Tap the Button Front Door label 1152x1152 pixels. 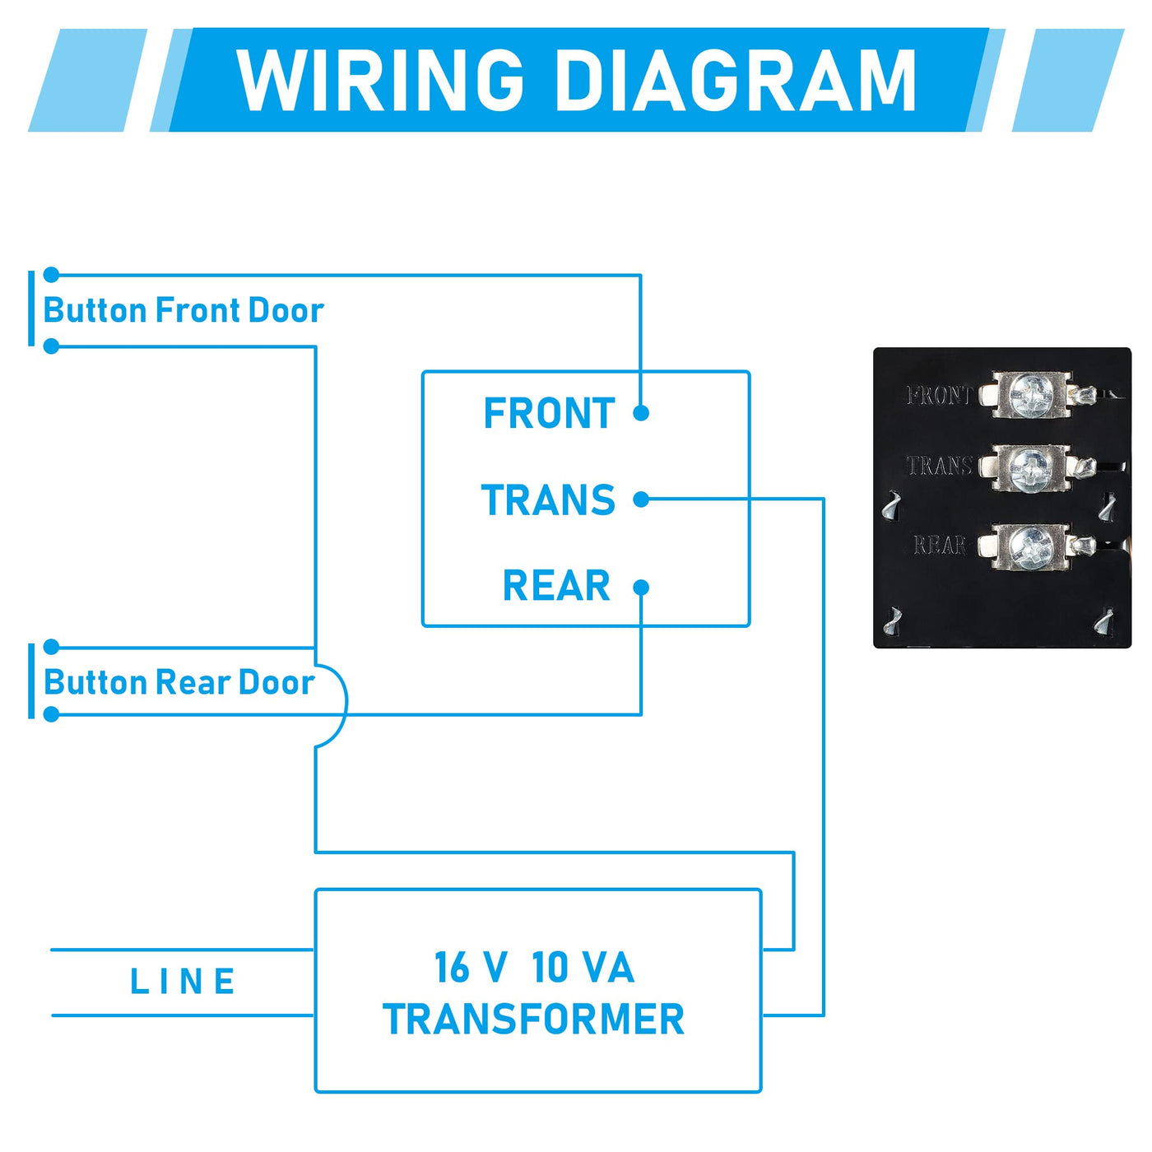183,311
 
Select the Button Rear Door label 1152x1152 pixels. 179,683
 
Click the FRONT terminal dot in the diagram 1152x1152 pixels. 641,413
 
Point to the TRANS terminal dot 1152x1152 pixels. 641,499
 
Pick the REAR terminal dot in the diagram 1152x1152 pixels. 641,587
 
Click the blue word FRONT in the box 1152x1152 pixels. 549,413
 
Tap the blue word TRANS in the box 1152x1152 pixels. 548,500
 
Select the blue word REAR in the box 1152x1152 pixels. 556,587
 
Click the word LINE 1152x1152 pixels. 183,982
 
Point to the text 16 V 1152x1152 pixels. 470,968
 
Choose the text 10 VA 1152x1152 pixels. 583,968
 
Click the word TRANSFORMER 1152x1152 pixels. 533,1020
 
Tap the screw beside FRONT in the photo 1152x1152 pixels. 1029,394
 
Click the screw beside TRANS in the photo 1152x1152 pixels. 1029,467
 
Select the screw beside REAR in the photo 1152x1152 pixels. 1029,546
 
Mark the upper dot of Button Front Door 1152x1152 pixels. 51,275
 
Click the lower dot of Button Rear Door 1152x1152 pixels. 51,714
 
